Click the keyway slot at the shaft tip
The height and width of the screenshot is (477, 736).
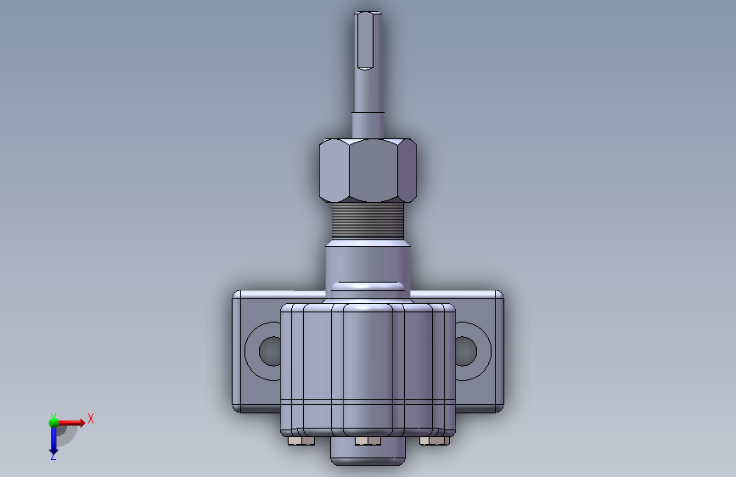click(365, 41)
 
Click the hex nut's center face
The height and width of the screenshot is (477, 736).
click(374, 171)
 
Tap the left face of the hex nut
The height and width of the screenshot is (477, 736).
click(334, 171)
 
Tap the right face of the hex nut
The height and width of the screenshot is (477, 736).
click(407, 171)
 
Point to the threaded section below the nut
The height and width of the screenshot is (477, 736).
click(368, 220)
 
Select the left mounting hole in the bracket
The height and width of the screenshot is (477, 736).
click(269, 351)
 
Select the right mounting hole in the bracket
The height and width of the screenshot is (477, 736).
click(466, 351)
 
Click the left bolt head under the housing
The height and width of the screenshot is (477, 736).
click(301, 441)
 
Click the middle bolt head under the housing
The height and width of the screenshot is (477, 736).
click(368, 441)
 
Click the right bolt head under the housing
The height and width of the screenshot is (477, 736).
click(434, 441)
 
